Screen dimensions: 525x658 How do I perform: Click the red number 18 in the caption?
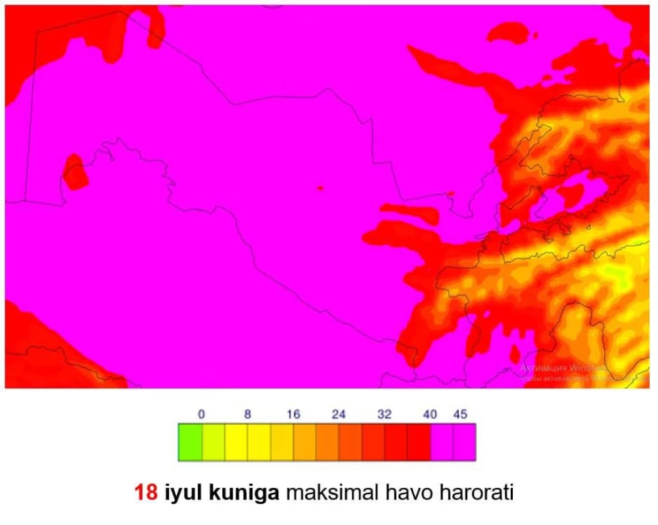click(147, 494)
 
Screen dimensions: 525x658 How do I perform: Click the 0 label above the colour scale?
click(202, 415)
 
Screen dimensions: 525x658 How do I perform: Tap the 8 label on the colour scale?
click(247, 415)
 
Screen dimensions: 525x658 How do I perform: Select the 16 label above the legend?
click(293, 415)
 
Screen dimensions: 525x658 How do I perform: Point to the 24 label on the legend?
click(339, 415)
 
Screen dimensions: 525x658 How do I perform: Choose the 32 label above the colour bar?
click(384, 415)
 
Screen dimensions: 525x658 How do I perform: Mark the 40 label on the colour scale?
click(430, 415)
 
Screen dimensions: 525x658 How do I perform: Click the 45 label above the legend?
click(460, 415)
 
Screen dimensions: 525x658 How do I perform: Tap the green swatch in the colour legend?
click(190, 442)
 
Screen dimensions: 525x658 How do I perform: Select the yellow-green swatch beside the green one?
click(213, 442)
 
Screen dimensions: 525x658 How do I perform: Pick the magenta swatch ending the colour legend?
click(465, 442)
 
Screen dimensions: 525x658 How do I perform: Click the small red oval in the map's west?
click(75, 172)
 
